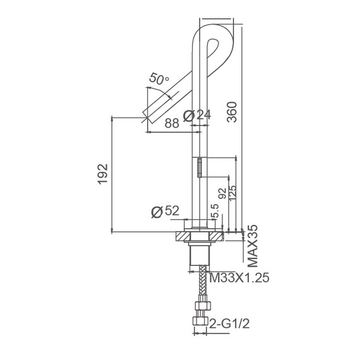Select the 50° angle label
point(159,79)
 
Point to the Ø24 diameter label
point(195,116)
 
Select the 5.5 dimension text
point(215,211)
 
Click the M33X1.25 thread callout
point(238,277)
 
